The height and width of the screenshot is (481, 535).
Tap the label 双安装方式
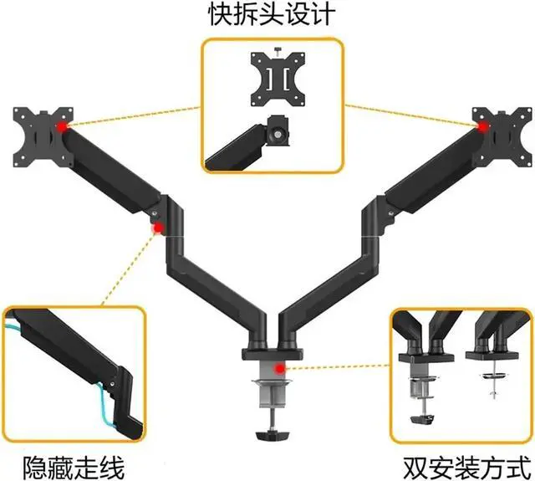coord(467,463)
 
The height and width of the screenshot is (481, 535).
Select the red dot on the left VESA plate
coord(60,126)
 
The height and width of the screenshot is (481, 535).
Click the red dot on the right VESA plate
coord(482,126)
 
